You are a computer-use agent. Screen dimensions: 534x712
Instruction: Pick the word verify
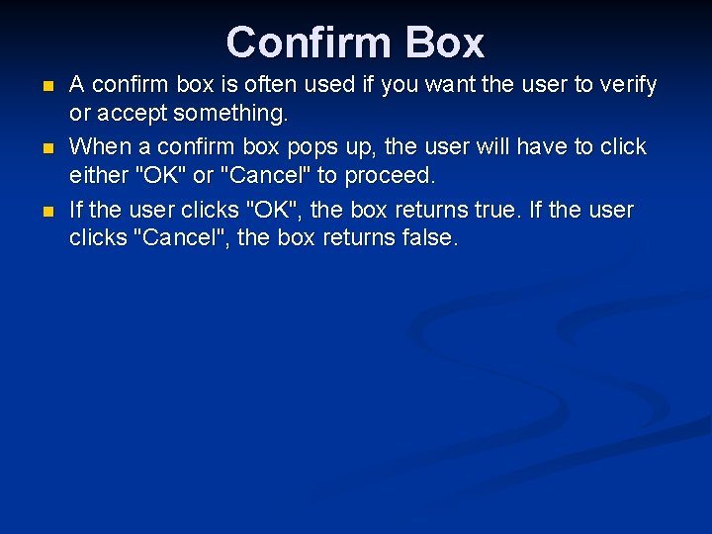[625, 85]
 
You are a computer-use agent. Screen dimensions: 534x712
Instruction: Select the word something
[228, 114]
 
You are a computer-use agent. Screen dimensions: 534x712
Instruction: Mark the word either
[98, 176]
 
